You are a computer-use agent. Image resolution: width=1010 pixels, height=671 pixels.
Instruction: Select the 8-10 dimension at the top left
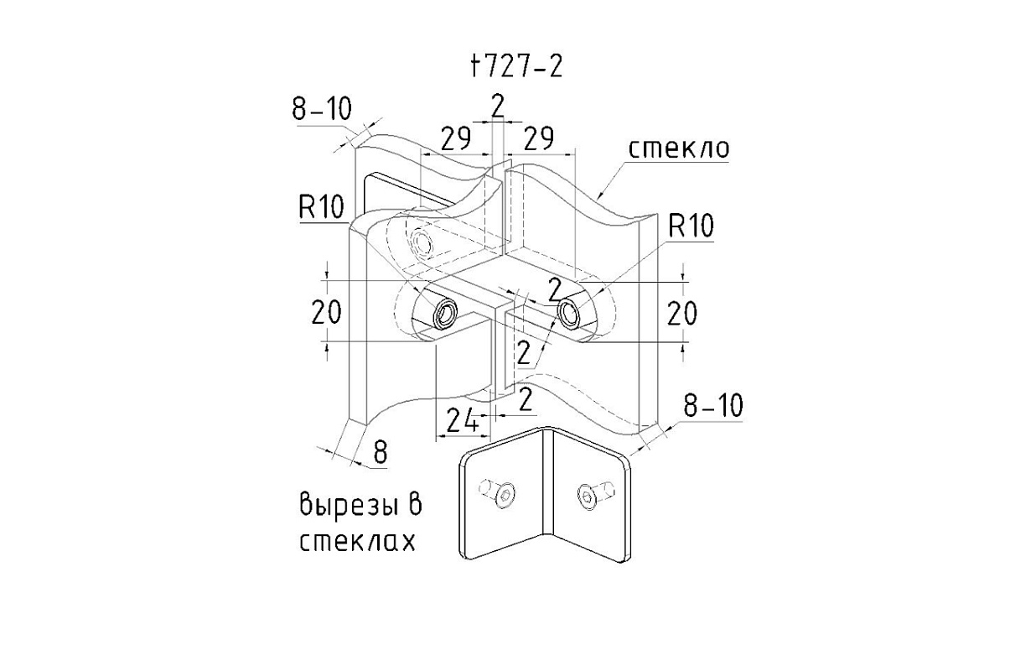[x=322, y=109]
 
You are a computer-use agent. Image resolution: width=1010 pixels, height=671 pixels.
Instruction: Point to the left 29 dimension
[x=456, y=139]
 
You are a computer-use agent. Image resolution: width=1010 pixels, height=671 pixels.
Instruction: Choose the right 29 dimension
[x=539, y=139]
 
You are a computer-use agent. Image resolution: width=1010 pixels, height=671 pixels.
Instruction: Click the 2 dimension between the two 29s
[x=498, y=106]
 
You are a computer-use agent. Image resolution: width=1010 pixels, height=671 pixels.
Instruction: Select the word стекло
[x=679, y=148]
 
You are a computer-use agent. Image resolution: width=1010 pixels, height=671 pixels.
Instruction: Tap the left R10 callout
[x=322, y=208]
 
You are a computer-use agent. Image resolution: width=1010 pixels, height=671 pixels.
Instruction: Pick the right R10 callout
[x=691, y=226]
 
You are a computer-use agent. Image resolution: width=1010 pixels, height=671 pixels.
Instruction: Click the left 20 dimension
[x=326, y=313]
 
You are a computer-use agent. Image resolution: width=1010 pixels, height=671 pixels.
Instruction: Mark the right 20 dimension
[x=682, y=313]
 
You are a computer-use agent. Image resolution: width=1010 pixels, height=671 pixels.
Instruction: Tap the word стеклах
[x=358, y=541]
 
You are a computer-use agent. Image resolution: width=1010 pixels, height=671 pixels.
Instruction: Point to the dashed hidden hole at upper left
[x=422, y=243]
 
